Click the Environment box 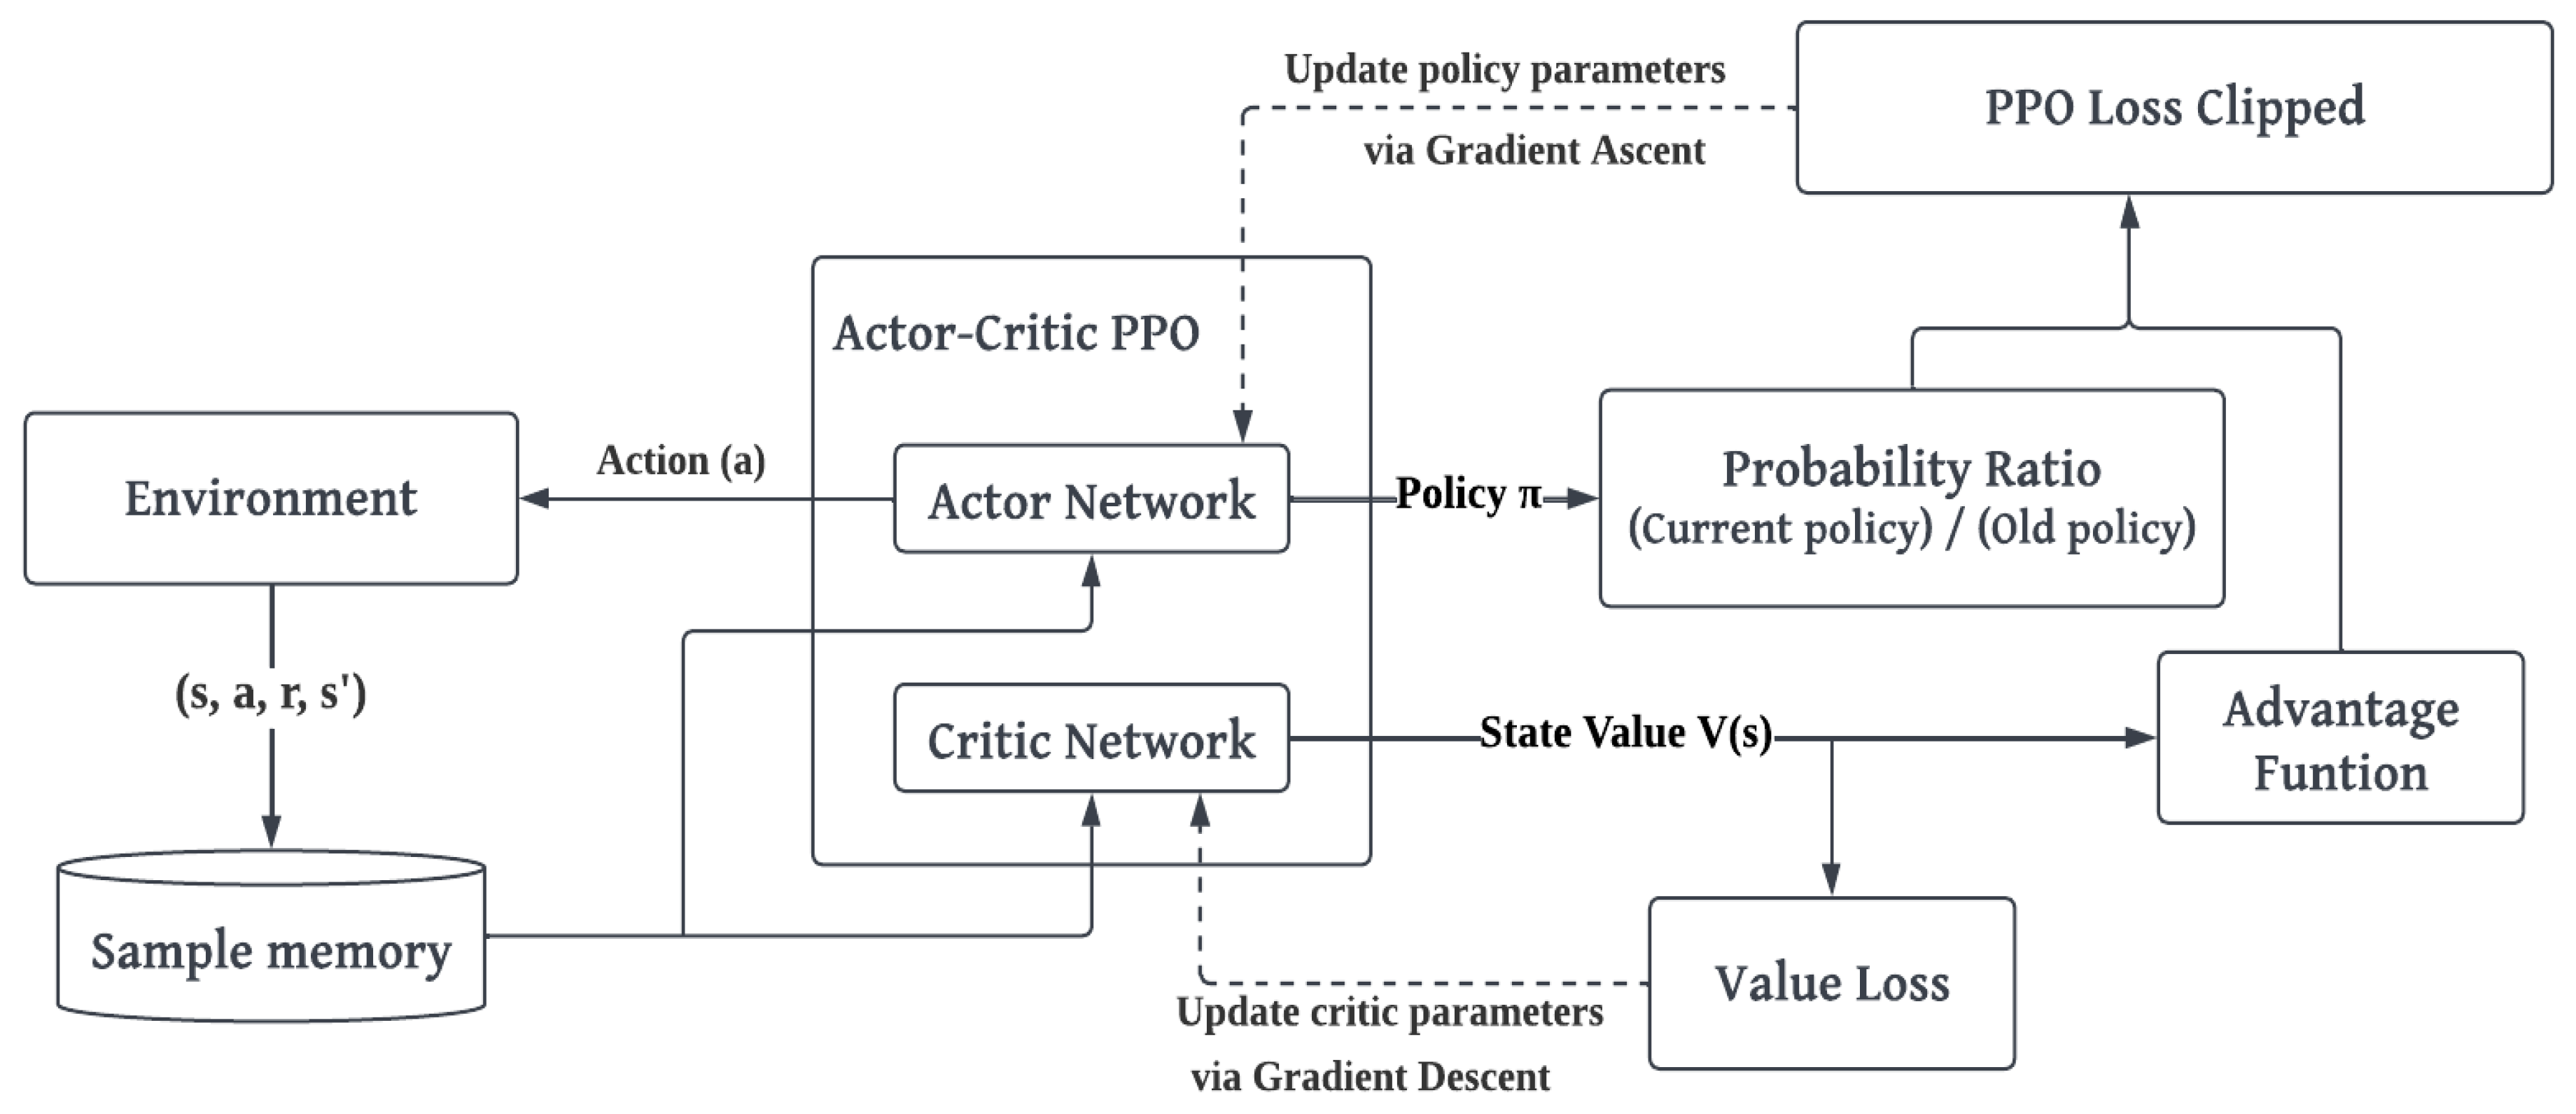coord(271,498)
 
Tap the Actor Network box coord(1091,499)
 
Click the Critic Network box coord(1091,739)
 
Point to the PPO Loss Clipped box coord(2174,108)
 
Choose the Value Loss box coord(1832,983)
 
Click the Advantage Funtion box coord(2340,739)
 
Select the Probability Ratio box coord(1911,498)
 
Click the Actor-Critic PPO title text coord(1016,333)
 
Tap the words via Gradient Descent coord(1370,1077)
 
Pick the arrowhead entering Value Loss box coord(1831,880)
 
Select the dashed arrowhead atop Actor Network coord(1243,427)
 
